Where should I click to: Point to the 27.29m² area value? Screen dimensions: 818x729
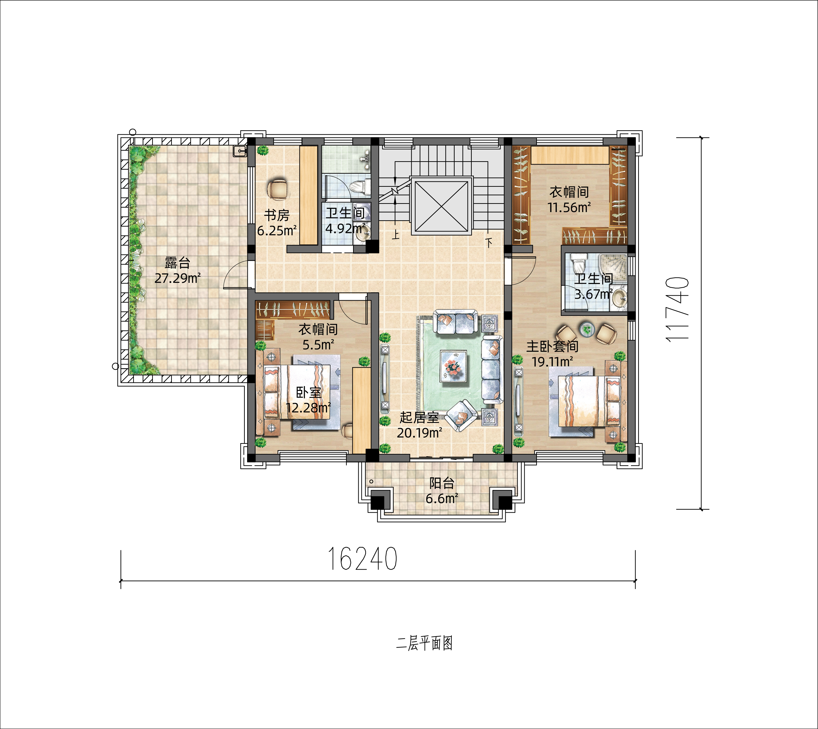coord(177,278)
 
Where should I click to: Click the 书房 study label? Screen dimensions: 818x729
coord(277,216)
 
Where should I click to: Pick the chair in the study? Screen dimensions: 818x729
coord(278,190)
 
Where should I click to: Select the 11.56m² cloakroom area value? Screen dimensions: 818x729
coord(569,207)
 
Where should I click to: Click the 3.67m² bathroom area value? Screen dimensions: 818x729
coord(594,294)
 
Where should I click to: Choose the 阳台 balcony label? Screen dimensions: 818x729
coord(442,483)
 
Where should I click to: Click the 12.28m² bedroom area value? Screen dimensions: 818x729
coord(308,408)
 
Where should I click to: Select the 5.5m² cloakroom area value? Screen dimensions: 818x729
coord(318,344)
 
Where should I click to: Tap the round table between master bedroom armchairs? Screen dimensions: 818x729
coord(587,329)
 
